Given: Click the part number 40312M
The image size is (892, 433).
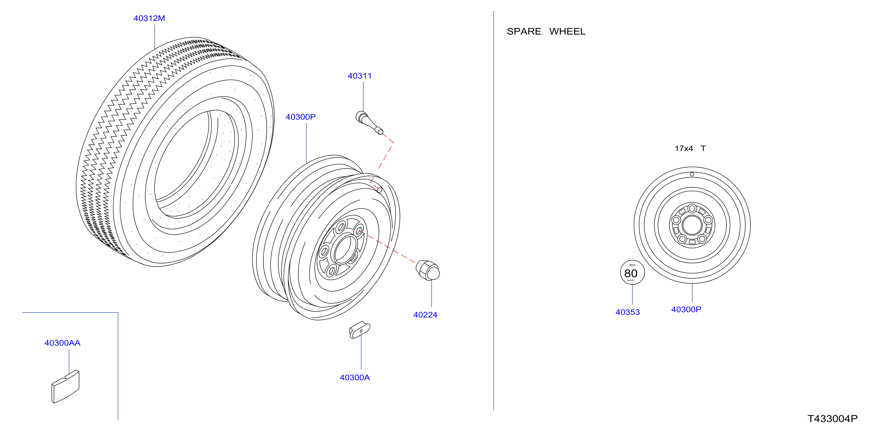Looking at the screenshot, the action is (149, 18).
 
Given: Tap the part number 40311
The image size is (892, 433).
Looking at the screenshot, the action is (359, 76).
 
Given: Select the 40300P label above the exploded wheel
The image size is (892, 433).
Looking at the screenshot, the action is (300, 117).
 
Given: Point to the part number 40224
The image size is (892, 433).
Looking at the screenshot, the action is (425, 315).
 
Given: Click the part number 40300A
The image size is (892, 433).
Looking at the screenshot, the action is (355, 378).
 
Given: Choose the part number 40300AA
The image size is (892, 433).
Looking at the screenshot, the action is (62, 343).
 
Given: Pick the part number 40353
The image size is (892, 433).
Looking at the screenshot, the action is (627, 312).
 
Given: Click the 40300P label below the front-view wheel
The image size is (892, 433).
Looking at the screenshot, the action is (686, 309).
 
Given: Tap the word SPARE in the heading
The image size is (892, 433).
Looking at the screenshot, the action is (524, 32).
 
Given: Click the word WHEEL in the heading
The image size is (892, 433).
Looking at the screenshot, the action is (567, 32).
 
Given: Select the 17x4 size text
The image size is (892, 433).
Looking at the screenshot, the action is (684, 149).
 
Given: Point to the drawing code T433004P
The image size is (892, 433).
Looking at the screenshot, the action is (832, 419).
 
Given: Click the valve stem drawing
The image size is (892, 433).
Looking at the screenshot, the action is (369, 123).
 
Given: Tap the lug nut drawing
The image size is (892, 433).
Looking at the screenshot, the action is (428, 270).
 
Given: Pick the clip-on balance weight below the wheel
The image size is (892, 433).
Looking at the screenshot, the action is (359, 330).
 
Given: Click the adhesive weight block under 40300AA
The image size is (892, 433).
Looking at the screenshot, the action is (65, 387).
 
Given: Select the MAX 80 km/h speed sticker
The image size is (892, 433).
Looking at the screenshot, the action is (632, 272).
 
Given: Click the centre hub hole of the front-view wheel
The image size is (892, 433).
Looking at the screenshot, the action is (692, 225).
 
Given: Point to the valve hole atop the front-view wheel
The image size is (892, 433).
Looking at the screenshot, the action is (692, 174).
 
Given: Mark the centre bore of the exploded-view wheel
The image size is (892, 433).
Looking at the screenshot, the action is (344, 248).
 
